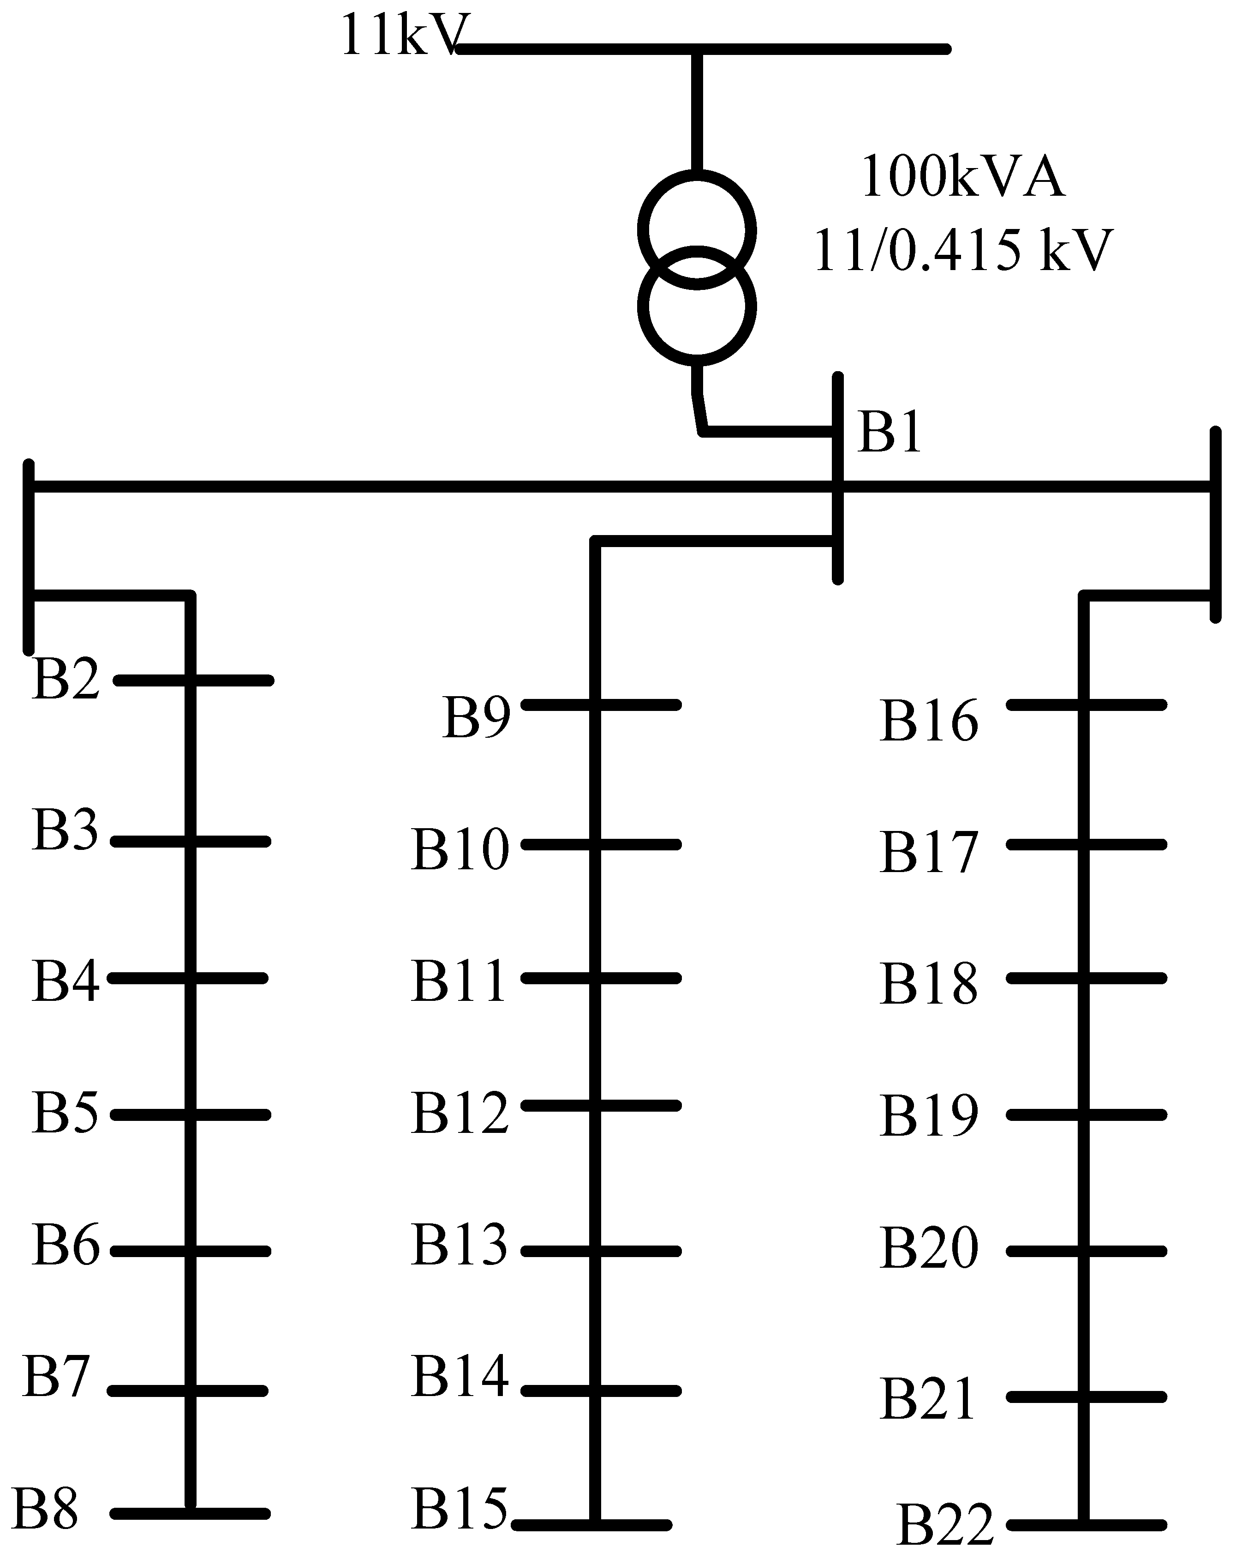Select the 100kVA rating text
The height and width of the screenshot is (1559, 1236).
click(x=963, y=177)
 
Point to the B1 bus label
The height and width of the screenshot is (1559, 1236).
click(x=889, y=433)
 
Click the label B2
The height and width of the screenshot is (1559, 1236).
click(x=65, y=680)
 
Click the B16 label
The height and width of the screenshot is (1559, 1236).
click(x=929, y=721)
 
